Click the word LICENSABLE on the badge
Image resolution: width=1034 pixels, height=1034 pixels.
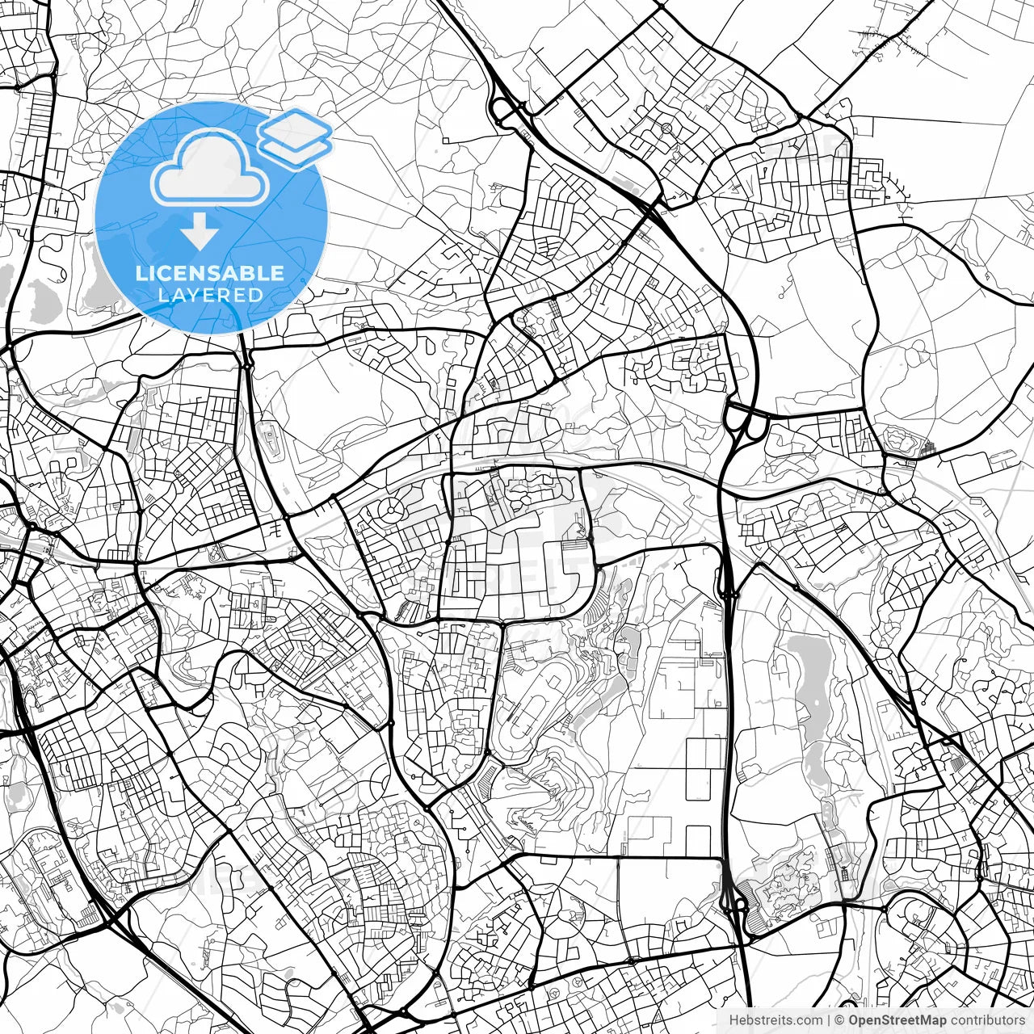[x=210, y=273]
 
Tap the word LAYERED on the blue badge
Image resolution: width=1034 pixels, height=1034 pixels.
[x=210, y=295]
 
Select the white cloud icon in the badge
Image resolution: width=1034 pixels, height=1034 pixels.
[x=210, y=168]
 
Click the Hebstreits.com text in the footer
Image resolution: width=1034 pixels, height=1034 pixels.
[x=775, y=1021]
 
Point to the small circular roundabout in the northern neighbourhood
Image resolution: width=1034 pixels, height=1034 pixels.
[x=666, y=128]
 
